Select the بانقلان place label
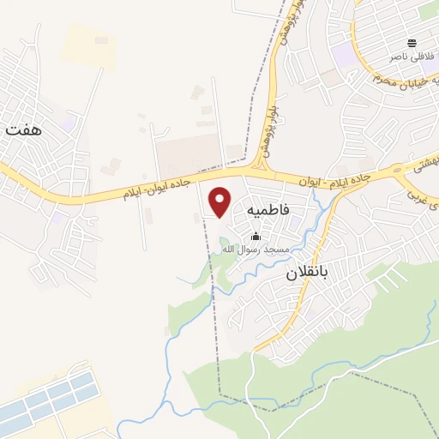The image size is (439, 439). click(307, 275)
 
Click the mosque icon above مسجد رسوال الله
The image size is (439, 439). click(255, 237)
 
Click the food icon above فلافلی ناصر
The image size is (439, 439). click(412, 43)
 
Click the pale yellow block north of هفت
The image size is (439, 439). click(89, 43)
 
